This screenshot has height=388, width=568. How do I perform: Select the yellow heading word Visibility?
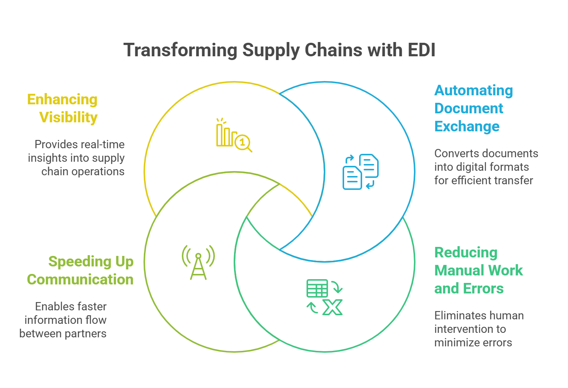(x=68, y=117)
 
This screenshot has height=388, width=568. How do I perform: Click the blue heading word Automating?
(x=474, y=90)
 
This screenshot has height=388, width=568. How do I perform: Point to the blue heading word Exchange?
(x=467, y=126)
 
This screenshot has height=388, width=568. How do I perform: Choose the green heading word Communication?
(x=80, y=280)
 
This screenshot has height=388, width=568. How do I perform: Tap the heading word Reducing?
(x=466, y=253)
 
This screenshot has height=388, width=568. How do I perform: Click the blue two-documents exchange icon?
(x=360, y=171)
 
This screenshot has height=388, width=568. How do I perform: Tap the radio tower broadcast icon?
(x=198, y=262)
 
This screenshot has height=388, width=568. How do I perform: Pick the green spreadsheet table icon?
(x=317, y=288)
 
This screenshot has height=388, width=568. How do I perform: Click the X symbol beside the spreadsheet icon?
(x=333, y=307)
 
